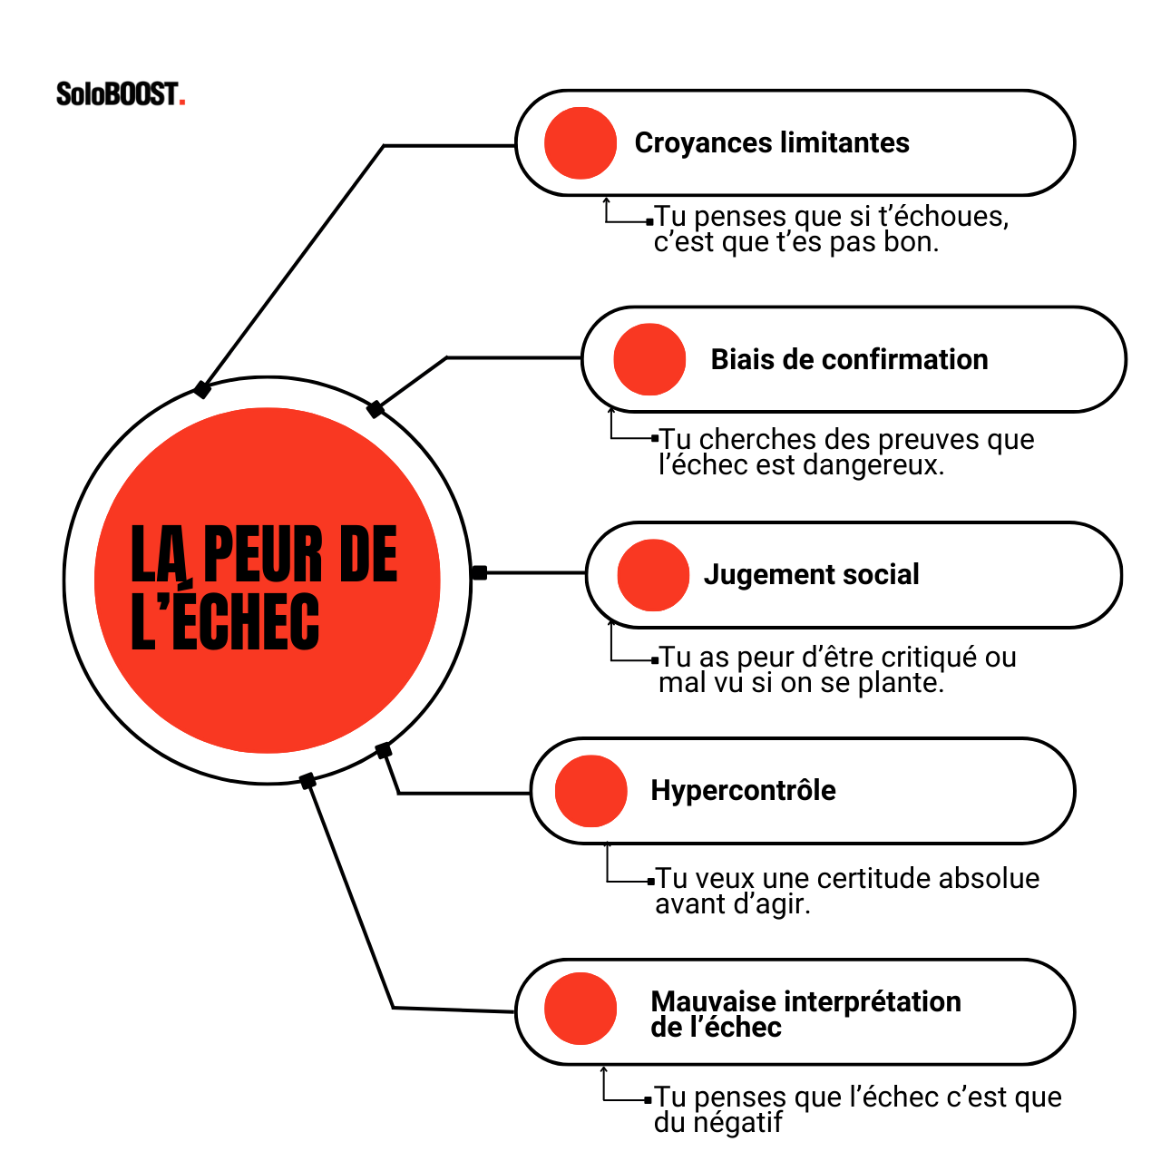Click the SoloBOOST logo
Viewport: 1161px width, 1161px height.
(120, 93)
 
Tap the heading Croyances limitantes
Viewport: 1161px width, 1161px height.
(771, 142)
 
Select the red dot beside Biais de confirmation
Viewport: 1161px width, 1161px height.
(649, 359)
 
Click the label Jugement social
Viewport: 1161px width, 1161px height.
(811, 574)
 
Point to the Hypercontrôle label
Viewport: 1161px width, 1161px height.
(743, 790)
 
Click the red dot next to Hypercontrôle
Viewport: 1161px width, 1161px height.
(590, 791)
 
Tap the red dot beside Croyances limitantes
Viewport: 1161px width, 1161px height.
(580, 143)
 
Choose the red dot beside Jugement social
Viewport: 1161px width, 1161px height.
(653, 575)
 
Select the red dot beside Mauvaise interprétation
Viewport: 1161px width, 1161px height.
(580, 1009)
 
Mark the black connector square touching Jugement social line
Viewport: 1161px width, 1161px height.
(480, 573)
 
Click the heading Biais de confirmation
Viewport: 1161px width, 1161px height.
(849, 359)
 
